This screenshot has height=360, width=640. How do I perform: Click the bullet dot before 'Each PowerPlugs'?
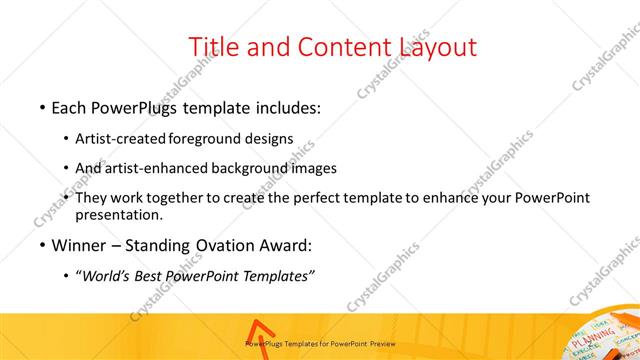pos(42,106)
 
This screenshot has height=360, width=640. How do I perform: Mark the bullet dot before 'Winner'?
pos(42,246)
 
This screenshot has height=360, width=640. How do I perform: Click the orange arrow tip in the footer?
pos(257,325)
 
